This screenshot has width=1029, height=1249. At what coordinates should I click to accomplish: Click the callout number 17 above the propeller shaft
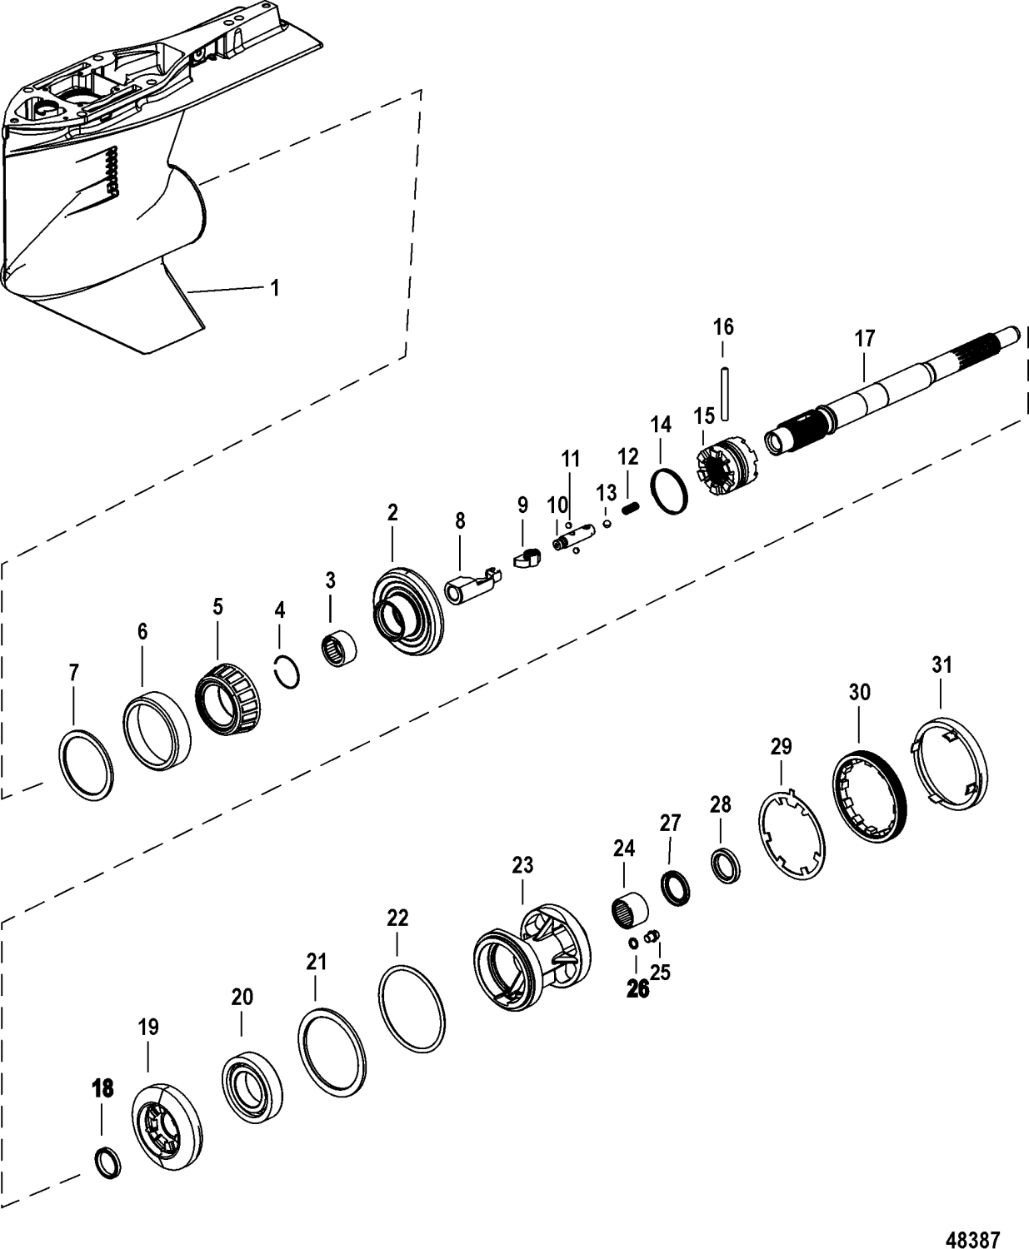(864, 339)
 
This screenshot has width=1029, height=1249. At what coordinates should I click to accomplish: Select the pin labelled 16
(724, 390)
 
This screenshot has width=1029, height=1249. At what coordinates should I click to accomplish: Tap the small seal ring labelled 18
(105, 1162)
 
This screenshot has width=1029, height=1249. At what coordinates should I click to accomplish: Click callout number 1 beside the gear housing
(274, 288)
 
